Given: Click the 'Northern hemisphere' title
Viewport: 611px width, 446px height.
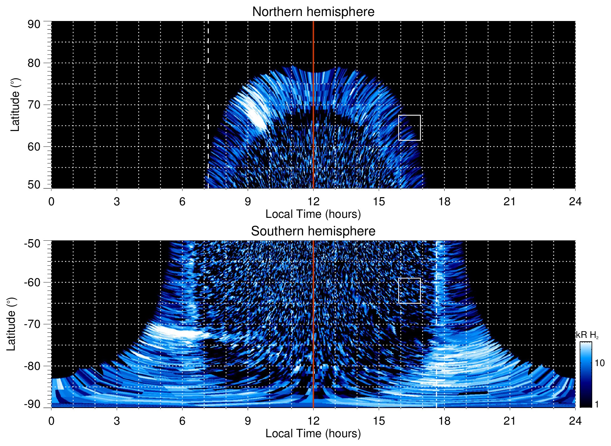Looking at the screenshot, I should pyautogui.click(x=313, y=12).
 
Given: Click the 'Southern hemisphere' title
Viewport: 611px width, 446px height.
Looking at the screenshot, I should pyautogui.click(x=313, y=231).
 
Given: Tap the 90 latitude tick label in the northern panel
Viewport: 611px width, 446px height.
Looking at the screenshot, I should pyautogui.click(x=34, y=24).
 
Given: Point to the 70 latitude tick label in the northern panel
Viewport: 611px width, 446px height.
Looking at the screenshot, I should pyautogui.click(x=34, y=105).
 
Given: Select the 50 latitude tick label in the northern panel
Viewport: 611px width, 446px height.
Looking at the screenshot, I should pyautogui.click(x=34, y=185).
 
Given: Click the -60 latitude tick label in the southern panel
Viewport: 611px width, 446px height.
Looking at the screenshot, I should pyautogui.click(x=32, y=282).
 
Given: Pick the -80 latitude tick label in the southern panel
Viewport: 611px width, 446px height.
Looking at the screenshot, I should pyautogui.click(x=32, y=366).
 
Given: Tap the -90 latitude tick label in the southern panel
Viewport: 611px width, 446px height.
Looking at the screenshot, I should pyautogui.click(x=32, y=404).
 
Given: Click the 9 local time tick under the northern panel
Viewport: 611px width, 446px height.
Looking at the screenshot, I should pyautogui.click(x=248, y=202).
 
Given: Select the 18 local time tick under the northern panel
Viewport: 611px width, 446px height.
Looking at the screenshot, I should pyautogui.click(x=444, y=202).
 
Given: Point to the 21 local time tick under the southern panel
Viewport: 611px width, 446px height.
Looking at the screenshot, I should pyautogui.click(x=510, y=421).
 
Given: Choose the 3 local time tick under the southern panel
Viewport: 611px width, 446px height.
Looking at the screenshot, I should pyautogui.click(x=117, y=421).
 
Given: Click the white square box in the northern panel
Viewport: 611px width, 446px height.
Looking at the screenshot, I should pyautogui.click(x=409, y=128).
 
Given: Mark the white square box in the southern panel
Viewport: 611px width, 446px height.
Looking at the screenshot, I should pyautogui.click(x=409, y=291).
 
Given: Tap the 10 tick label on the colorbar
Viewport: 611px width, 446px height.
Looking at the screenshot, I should pyautogui.click(x=599, y=363).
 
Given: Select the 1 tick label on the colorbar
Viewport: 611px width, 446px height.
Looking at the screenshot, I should pyautogui.click(x=597, y=404).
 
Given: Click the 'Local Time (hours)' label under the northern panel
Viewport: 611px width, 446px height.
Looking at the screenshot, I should pyautogui.click(x=313, y=214).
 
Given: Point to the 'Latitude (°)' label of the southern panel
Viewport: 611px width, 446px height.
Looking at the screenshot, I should pyautogui.click(x=11, y=324).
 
